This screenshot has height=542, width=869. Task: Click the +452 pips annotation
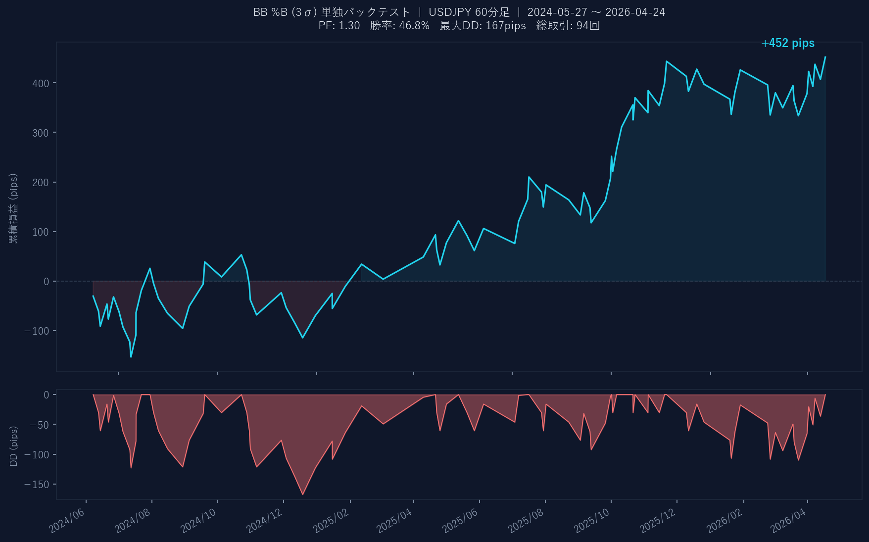[788, 44]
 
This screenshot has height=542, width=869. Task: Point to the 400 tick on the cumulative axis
[41, 84]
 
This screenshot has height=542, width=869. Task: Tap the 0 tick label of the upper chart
[47, 282]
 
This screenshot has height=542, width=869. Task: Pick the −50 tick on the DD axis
[39, 425]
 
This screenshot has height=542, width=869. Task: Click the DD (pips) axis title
[14, 446]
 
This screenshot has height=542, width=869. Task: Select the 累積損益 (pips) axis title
[13, 208]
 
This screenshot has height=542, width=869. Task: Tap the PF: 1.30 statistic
[339, 26]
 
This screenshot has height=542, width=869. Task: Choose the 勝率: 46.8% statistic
[399, 26]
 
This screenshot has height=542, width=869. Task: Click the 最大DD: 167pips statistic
[483, 26]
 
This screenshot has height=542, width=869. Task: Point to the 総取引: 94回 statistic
[568, 26]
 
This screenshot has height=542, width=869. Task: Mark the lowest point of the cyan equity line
[131, 357]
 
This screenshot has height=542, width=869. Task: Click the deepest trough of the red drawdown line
[303, 494]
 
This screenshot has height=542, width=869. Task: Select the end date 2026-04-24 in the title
[635, 12]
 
